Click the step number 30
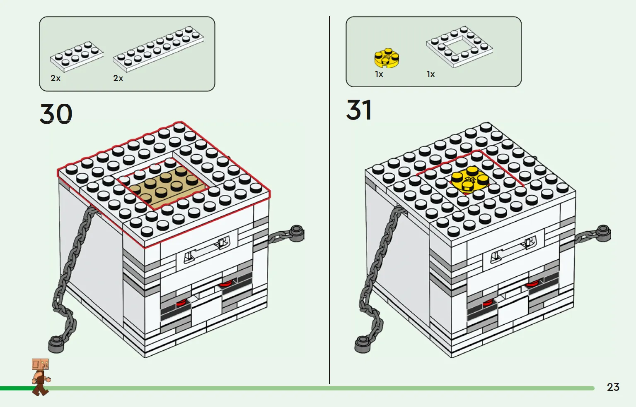pos(56,114)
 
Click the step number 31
pos(359,110)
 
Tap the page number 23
pos(613,387)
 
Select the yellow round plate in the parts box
pos(387,58)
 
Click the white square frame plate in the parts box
pos(459,47)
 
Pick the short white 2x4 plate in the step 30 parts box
pos(77,56)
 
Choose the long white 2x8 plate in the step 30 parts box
pos(158,49)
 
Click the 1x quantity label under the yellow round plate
pos(379,74)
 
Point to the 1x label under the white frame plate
pos(430,74)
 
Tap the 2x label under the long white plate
pos(118,78)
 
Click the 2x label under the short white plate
pos(56,78)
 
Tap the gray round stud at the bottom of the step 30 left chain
pos(56,345)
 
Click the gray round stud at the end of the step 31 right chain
pos(603,233)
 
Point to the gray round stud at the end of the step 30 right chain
pos(296,234)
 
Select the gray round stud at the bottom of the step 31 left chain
pos(363,345)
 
